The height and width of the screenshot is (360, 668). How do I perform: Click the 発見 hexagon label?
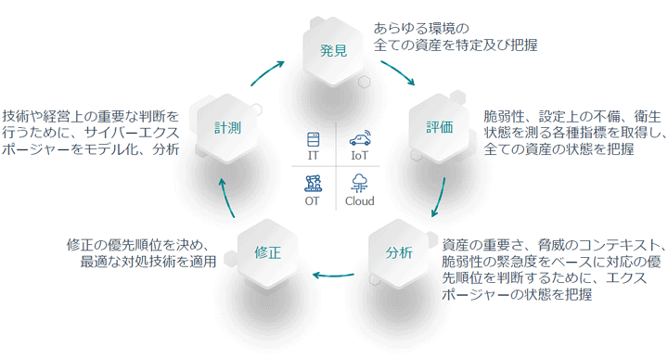pyautogui.click(x=333, y=51)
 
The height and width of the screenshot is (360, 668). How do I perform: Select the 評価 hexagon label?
pyautogui.click(x=439, y=127)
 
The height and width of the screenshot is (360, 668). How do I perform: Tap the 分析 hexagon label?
pyautogui.click(x=399, y=252)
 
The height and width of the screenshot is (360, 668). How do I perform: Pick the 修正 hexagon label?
pyautogui.click(x=267, y=252)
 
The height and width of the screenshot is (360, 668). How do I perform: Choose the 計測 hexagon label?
pyautogui.click(x=227, y=127)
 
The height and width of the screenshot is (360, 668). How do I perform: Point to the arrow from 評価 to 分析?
pyautogui.click(x=440, y=198)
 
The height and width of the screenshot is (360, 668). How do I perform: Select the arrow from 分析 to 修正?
pyautogui.click(x=333, y=276)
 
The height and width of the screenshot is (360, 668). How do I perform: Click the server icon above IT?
pyautogui.click(x=314, y=139)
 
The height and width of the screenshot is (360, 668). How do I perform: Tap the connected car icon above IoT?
pyautogui.click(x=360, y=138)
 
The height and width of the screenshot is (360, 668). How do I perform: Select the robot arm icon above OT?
pyautogui.click(x=314, y=183)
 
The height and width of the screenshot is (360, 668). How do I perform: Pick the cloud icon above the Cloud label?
pyautogui.click(x=359, y=183)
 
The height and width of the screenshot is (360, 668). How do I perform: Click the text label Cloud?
pyautogui.click(x=360, y=201)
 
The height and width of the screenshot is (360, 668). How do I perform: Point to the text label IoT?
pyautogui.click(x=360, y=156)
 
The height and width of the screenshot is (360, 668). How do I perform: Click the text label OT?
pyautogui.click(x=312, y=201)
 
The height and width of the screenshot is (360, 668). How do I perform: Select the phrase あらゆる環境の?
pyautogui.click(x=421, y=29)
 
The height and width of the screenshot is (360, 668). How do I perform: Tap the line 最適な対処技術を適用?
pyautogui.click(x=148, y=261)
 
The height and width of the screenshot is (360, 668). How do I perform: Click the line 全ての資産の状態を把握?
pyautogui.click(x=559, y=149)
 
